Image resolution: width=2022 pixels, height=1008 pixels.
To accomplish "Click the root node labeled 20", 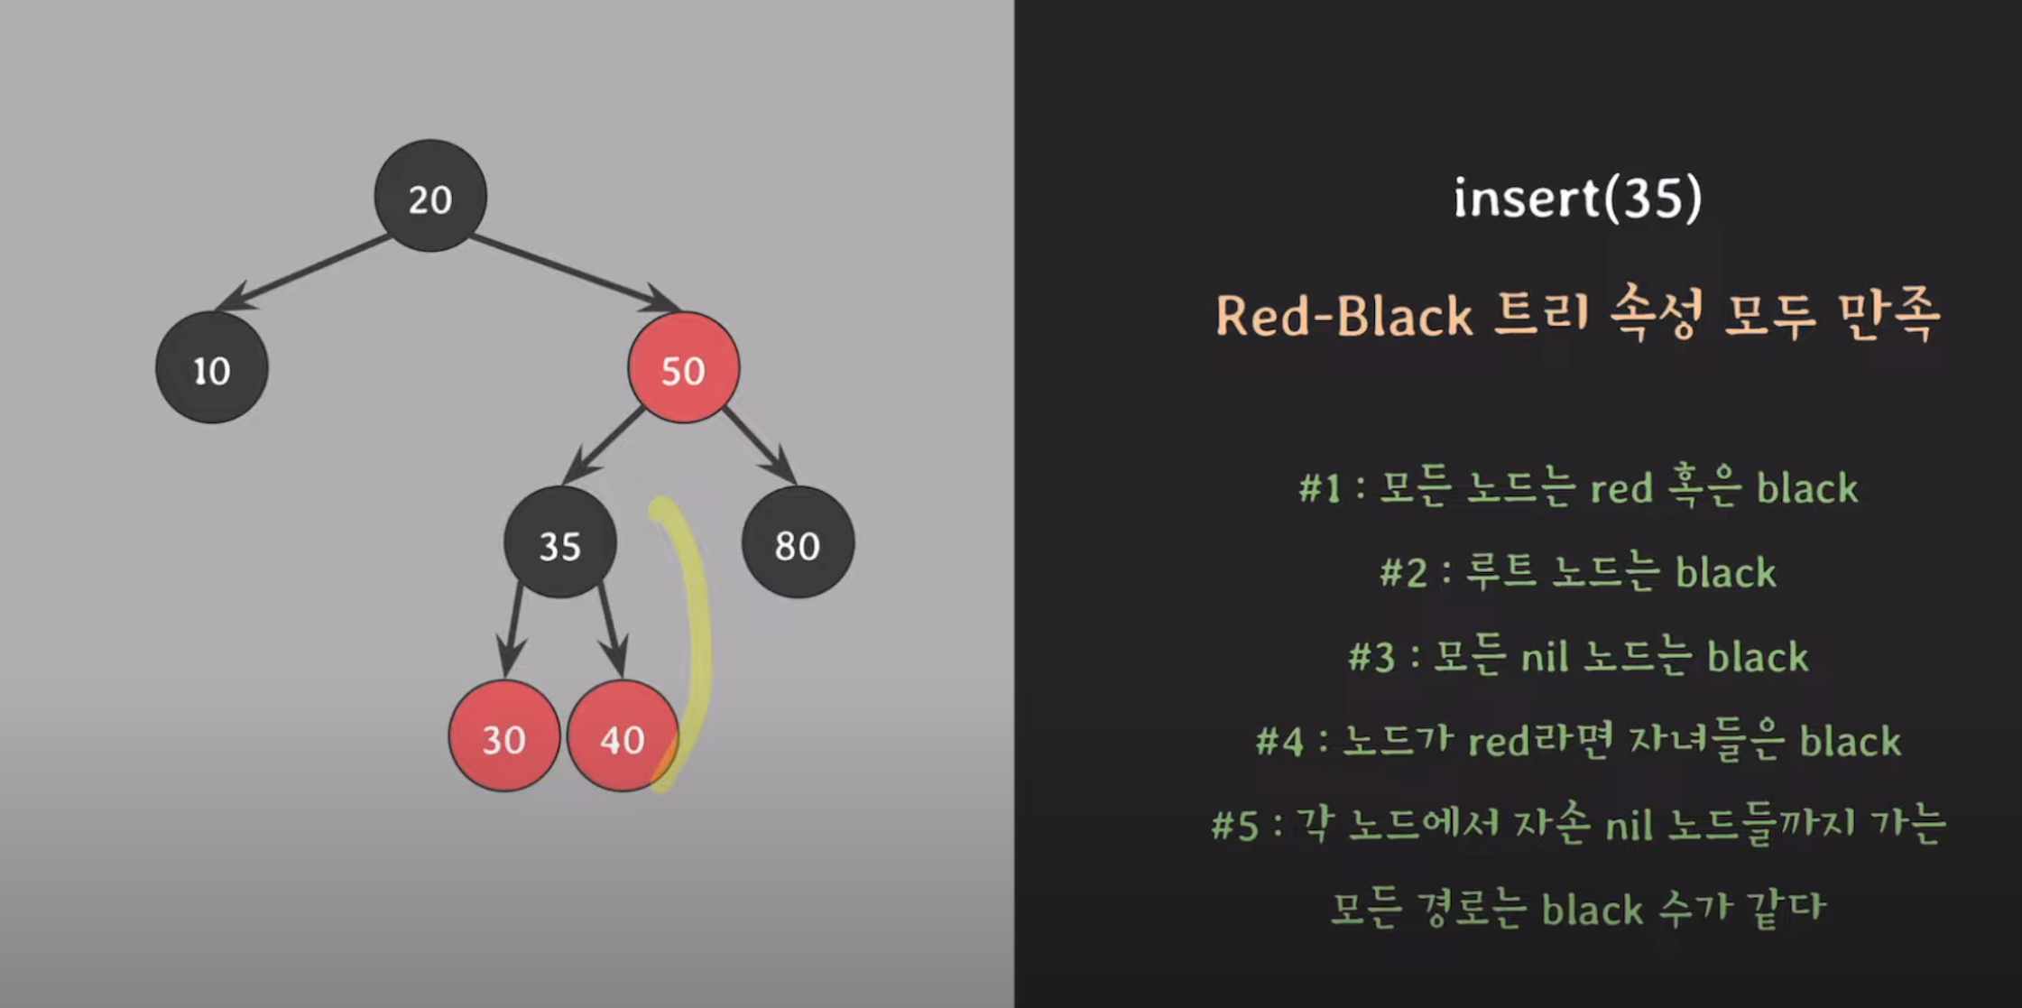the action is pyautogui.click(x=430, y=196).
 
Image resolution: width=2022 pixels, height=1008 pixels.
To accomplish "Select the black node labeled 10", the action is pyautogui.click(x=212, y=368).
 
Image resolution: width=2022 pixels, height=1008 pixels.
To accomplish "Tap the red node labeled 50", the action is pyautogui.click(x=683, y=368).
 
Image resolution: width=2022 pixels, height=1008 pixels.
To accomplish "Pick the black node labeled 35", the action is pyautogui.click(x=559, y=543).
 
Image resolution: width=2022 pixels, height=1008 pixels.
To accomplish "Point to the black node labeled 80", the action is pyautogui.click(x=798, y=543).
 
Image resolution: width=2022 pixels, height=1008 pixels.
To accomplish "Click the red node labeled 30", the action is pyautogui.click(x=503, y=736).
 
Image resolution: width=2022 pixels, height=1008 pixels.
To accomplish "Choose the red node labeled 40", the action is pyautogui.click(x=622, y=736).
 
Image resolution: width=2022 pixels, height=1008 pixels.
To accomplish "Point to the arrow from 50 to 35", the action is pyautogui.click(x=605, y=445).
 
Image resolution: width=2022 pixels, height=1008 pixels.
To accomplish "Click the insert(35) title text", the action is pyautogui.click(x=1577, y=198).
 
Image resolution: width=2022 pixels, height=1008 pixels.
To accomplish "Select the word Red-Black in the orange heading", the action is pyautogui.click(x=1343, y=317).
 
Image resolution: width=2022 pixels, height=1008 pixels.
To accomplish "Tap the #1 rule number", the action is pyautogui.click(x=1319, y=489).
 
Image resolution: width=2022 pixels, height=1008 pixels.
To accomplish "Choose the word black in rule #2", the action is pyautogui.click(x=1725, y=573).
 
